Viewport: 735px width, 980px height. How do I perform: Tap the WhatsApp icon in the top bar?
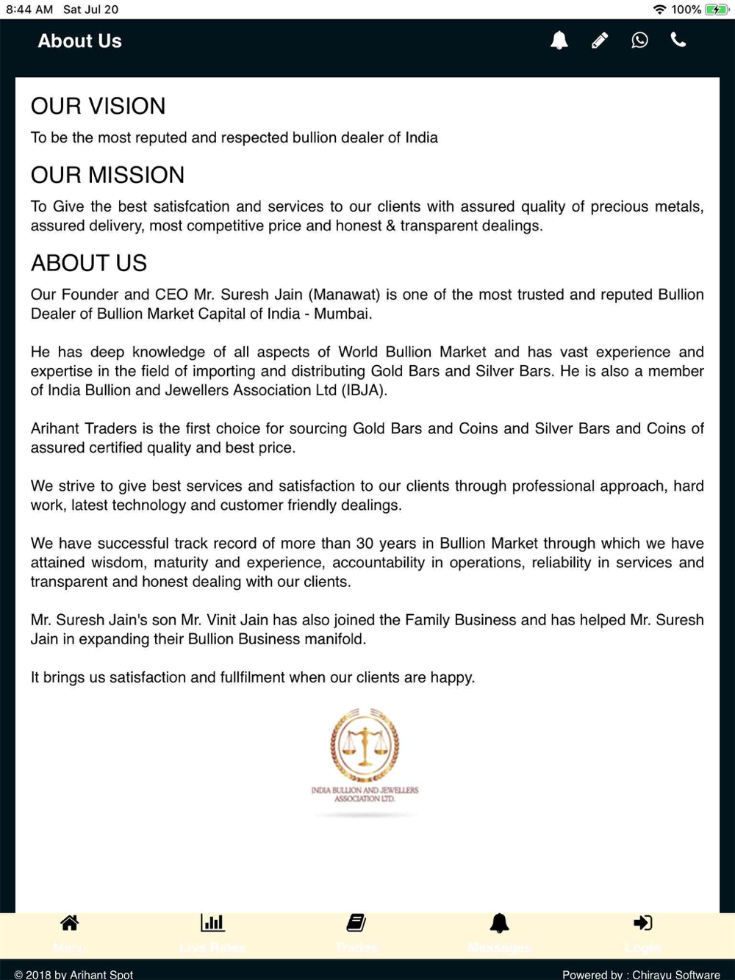(x=639, y=40)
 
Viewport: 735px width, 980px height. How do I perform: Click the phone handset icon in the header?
(x=678, y=40)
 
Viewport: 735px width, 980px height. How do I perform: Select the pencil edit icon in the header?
(x=600, y=40)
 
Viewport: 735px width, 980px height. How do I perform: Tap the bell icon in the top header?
(x=559, y=40)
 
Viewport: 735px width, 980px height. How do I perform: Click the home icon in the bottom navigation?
(x=69, y=923)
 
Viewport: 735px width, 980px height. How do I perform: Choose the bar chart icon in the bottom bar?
(x=212, y=923)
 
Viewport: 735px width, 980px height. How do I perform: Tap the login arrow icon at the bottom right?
(x=643, y=923)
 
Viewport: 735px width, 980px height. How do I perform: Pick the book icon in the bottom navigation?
(x=356, y=923)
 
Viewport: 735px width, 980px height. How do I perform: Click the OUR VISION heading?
(x=98, y=107)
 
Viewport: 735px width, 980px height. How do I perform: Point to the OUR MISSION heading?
(x=107, y=176)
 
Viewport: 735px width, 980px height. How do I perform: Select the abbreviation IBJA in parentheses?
(x=364, y=390)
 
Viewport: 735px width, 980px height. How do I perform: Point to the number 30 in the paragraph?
(x=365, y=544)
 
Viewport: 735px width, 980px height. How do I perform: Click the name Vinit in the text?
(x=221, y=620)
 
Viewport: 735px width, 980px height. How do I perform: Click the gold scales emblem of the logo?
(x=365, y=746)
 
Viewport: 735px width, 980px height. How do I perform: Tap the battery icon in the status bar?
(x=716, y=10)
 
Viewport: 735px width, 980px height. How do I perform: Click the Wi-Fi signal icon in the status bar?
(x=659, y=10)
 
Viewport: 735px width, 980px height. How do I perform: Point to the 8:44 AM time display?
(x=29, y=10)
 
